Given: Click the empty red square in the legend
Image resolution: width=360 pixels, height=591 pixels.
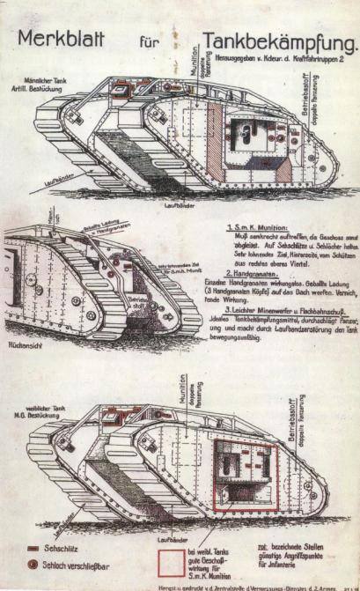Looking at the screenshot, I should pyautogui.click(x=173, y=562).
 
